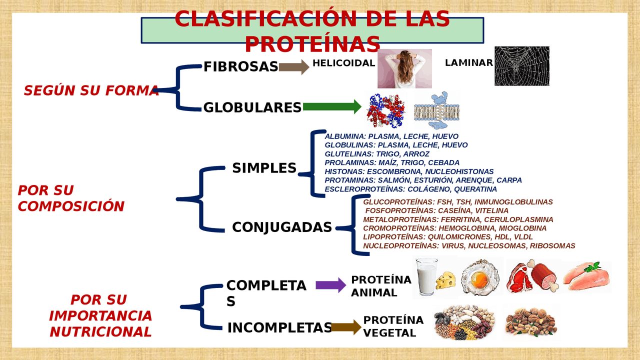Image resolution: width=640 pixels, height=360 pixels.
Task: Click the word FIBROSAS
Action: pyautogui.click(x=240, y=66)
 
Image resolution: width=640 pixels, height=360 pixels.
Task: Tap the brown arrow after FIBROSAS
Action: pyautogui.click(x=294, y=67)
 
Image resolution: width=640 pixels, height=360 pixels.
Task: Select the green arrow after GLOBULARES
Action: pyautogui.click(x=332, y=107)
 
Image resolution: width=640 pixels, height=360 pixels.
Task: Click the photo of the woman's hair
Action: pyautogui.click(x=404, y=68)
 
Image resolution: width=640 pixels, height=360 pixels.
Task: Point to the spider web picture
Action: pyautogui.click(x=521, y=66)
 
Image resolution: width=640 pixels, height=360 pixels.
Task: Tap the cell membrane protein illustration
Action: pyautogui.click(x=437, y=110)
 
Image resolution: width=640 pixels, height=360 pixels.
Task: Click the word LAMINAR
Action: pyautogui.click(x=469, y=62)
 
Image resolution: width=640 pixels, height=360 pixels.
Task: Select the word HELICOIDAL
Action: pyautogui.click(x=343, y=63)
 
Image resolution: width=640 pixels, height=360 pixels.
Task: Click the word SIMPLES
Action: pyautogui.click(x=264, y=167)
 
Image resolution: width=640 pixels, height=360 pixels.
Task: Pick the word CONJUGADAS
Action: pyautogui.click(x=282, y=227)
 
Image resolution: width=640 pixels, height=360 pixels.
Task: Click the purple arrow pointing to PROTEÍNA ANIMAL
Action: pyautogui.click(x=331, y=285)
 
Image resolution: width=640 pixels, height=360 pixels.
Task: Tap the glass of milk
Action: pyautogui.click(x=426, y=276)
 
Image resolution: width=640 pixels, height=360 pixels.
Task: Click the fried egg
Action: pyautogui.click(x=479, y=277)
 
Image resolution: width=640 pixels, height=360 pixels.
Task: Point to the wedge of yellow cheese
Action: pyautogui.click(x=445, y=280)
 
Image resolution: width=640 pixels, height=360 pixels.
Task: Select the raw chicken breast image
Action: pyautogui.click(x=587, y=276)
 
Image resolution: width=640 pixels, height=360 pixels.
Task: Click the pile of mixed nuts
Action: pyautogui.click(x=531, y=321)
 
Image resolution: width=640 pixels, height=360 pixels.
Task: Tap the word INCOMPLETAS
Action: pyautogui.click(x=279, y=327)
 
